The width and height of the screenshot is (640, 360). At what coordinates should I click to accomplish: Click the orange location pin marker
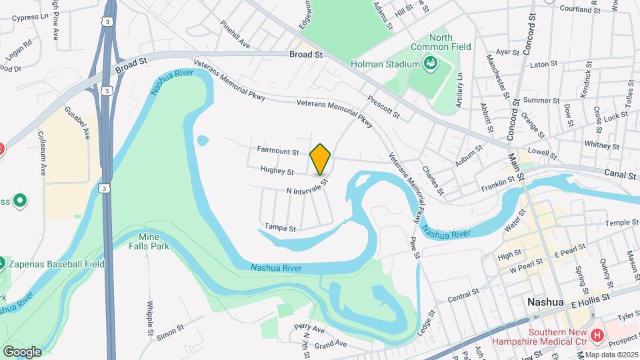pyautogui.click(x=321, y=159)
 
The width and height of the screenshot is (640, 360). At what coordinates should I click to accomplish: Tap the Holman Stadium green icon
pyautogui.click(x=431, y=64)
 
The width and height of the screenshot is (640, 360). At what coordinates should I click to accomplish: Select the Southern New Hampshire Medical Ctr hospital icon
pyautogui.click(x=597, y=335)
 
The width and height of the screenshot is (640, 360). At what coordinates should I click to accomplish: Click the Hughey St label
pyautogui.click(x=277, y=171)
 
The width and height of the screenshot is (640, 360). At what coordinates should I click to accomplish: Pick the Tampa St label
pyautogui.click(x=280, y=228)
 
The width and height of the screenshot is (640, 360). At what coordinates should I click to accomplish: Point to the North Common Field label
pyautogui.click(x=441, y=42)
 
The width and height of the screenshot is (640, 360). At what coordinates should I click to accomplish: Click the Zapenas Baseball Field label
pyautogui.click(x=56, y=264)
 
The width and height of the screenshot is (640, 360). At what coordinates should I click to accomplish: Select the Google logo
pyautogui.click(x=22, y=351)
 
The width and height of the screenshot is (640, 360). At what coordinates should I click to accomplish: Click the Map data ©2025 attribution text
pyautogui.click(x=612, y=354)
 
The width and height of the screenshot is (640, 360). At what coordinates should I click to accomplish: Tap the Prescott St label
pyautogui.click(x=383, y=108)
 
